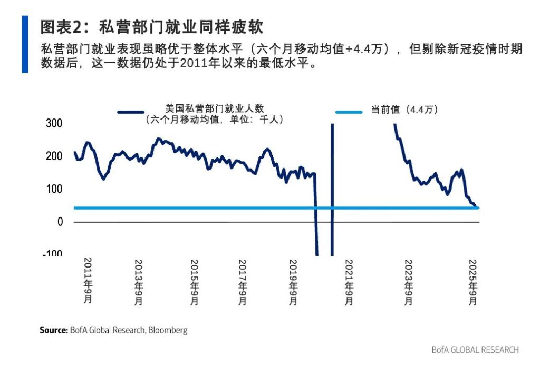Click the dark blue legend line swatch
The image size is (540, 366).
click(x=130, y=112)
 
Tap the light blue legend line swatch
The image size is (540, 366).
click(x=349, y=112)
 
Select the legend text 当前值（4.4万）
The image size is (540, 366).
click(x=405, y=110)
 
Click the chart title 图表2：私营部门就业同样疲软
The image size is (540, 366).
click(x=151, y=27)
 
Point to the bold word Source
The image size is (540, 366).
click(x=54, y=331)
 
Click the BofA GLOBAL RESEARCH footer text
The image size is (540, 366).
click(x=475, y=350)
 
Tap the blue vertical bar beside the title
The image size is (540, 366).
click(x=24, y=44)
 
